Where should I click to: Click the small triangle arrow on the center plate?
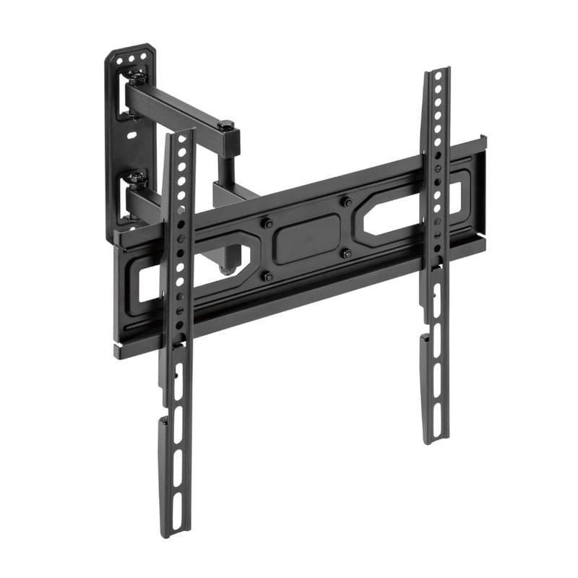click(x=309, y=235)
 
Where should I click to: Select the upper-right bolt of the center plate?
click(x=347, y=203)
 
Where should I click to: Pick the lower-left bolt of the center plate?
click(x=269, y=275)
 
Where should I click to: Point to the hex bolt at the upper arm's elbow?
click(x=226, y=126)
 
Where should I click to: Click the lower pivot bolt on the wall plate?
click(x=137, y=177)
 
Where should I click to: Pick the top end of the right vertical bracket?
click(x=438, y=72)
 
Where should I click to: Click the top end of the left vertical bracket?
click(x=181, y=134)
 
